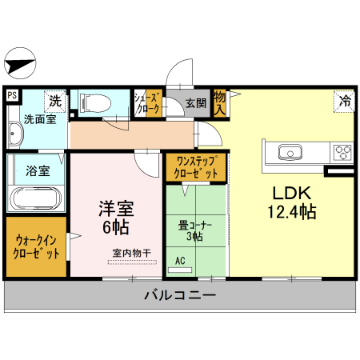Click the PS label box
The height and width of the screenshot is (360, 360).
(11, 94)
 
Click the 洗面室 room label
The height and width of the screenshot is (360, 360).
(39, 119)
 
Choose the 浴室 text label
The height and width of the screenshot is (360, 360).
(38, 170)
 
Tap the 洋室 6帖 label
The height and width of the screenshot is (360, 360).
(116, 217)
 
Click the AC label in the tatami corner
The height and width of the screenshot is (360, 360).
(180, 260)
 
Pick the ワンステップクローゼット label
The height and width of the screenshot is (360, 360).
(196, 167)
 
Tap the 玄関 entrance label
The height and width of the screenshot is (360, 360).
(196, 103)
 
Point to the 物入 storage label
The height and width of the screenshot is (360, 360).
(220, 103)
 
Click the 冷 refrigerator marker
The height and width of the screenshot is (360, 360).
(345, 101)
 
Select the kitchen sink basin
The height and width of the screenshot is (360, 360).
(288, 152)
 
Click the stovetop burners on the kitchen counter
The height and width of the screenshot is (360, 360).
(343, 152)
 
